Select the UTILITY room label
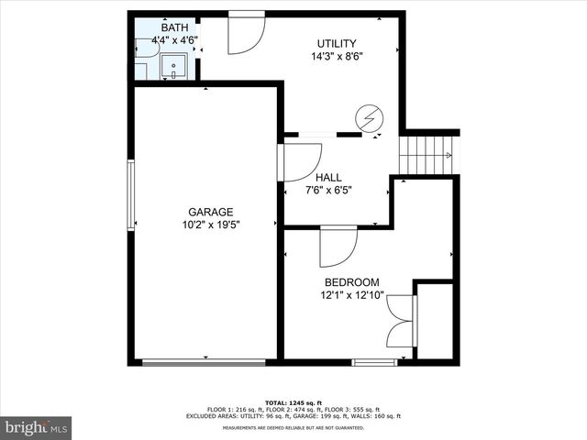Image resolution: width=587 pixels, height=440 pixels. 337,43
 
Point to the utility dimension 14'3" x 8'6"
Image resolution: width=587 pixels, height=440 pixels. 337,56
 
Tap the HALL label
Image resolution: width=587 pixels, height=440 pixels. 328,178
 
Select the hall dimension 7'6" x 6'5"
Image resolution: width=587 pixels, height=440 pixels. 328,191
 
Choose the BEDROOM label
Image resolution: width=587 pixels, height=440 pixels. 352,282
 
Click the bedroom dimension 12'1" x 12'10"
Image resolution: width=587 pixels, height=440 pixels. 352,295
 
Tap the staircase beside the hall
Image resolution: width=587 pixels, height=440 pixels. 427,155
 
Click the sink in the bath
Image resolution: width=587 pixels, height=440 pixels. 173,67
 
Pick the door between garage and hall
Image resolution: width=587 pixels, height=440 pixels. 299,162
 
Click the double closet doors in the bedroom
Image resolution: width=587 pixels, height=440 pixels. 402,321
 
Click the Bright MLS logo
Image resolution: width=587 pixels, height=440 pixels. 36,427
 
